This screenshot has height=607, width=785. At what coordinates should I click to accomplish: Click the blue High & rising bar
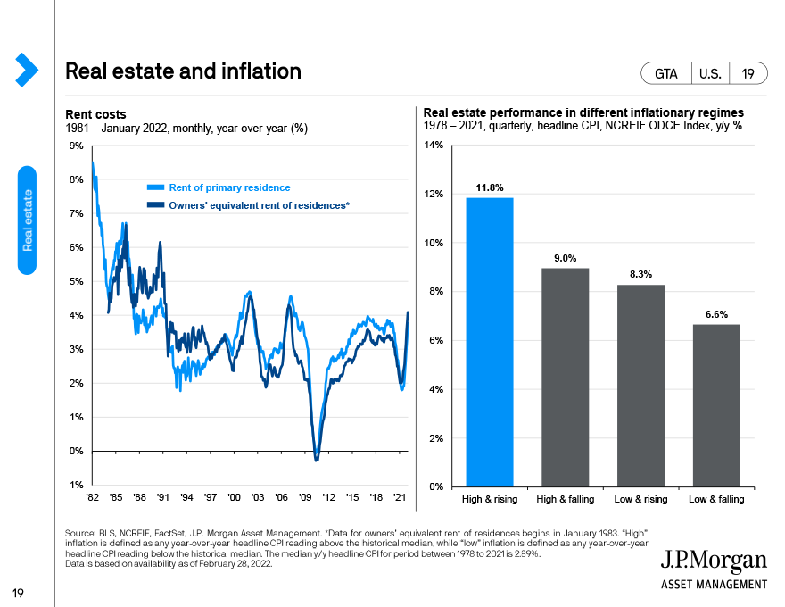(489, 342)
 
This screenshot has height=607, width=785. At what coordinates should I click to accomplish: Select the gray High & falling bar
(566, 378)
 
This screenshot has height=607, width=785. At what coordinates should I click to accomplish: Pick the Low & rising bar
(640, 386)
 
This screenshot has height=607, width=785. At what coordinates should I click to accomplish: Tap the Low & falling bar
(716, 405)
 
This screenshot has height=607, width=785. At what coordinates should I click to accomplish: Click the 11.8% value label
(489, 187)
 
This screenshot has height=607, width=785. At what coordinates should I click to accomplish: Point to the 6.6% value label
(716, 314)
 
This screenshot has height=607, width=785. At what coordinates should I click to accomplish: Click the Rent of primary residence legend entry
(219, 187)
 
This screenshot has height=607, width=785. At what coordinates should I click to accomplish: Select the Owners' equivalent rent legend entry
(248, 205)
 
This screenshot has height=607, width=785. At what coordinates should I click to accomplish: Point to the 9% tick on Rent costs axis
(76, 146)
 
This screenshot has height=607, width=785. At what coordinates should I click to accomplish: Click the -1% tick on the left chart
(75, 485)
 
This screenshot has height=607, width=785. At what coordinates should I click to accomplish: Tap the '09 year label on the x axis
(305, 497)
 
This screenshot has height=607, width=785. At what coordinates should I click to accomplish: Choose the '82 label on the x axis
(92, 497)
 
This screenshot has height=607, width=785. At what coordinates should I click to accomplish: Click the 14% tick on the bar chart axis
(434, 146)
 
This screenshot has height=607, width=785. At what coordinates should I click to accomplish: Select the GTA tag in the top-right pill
(665, 74)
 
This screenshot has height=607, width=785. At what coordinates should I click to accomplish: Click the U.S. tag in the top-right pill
(710, 74)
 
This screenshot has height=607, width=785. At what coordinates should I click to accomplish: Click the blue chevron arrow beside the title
(27, 70)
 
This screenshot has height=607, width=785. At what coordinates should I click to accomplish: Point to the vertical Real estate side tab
(27, 220)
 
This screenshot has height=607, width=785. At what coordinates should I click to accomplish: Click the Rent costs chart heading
(95, 114)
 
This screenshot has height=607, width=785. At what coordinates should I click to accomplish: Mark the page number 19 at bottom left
(18, 594)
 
